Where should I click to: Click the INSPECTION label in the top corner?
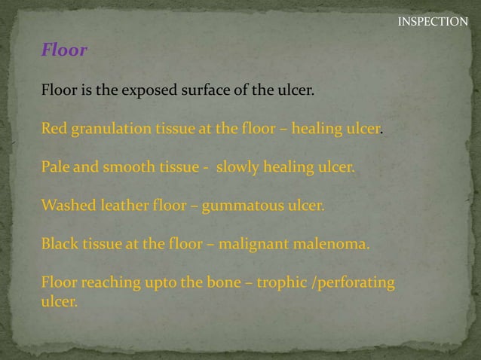[433, 22]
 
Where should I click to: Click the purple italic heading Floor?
[64, 51]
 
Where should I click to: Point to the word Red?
[54, 129]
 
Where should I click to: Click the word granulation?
[109, 129]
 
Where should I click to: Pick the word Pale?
[55, 167]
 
